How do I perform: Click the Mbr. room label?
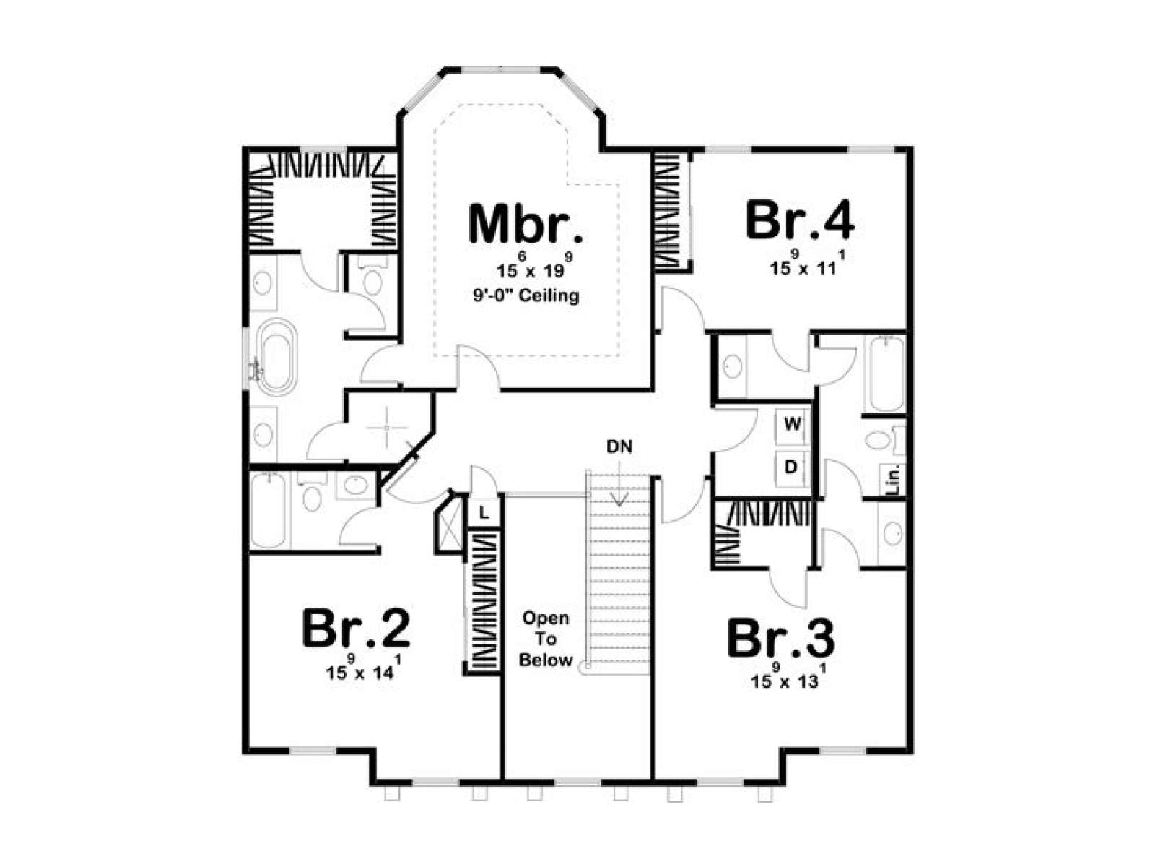tap(526, 225)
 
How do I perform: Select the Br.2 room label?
tap(356, 629)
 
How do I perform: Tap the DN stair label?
tap(620, 447)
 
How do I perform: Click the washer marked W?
tap(793, 424)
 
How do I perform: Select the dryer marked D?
tap(791, 467)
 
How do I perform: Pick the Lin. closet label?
tap(894, 479)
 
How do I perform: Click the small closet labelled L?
tap(484, 512)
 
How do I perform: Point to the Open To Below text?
tap(546, 639)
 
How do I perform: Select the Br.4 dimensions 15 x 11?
tap(808, 263)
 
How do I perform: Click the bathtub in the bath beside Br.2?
tap(269, 510)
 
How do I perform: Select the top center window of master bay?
tap(500, 69)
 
